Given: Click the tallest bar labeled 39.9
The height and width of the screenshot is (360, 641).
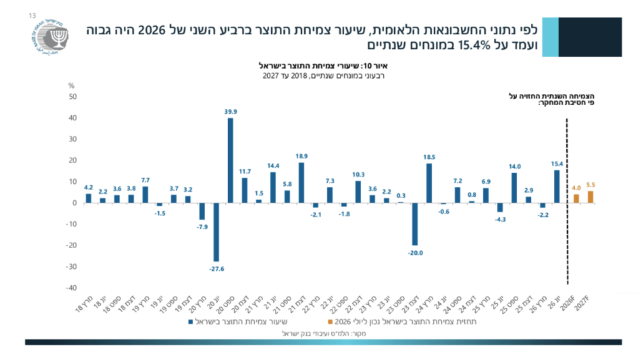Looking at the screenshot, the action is click(230, 160).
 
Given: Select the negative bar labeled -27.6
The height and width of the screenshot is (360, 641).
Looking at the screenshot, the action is click(216, 232).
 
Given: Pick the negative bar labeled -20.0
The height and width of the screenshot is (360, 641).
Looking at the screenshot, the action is click(415, 224).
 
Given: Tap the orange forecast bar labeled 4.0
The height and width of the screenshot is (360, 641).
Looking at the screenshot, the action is click(577, 198).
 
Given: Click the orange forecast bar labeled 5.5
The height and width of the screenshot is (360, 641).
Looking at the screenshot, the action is click(590, 197).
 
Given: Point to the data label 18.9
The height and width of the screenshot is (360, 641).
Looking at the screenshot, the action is click(301, 156).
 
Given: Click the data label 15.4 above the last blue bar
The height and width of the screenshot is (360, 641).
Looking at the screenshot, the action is click(557, 164).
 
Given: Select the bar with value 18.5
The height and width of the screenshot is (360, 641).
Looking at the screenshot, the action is click(429, 183).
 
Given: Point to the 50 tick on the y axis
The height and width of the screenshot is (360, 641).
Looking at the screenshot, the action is click(73, 97).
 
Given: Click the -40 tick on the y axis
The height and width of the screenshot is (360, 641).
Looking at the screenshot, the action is click(72, 288).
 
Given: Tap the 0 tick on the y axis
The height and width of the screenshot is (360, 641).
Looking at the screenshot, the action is click(74, 203).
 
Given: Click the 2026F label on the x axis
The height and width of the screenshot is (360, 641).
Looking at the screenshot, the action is click(567, 303).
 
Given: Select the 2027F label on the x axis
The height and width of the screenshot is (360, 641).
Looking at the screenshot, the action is click(582, 303).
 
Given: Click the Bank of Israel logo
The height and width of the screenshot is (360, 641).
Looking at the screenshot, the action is click(50, 37).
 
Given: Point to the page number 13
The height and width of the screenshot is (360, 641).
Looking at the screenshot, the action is click(32, 16).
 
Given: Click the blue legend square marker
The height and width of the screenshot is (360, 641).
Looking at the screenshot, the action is click(190, 322).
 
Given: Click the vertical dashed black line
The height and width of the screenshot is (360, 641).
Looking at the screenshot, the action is click(567, 202).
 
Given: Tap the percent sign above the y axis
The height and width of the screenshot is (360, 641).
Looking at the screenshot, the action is click(72, 86).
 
